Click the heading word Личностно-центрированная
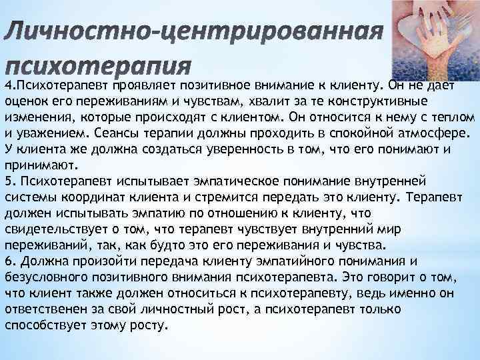pos(194,33)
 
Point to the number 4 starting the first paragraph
pos(7,86)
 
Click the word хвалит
pos(275,101)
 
